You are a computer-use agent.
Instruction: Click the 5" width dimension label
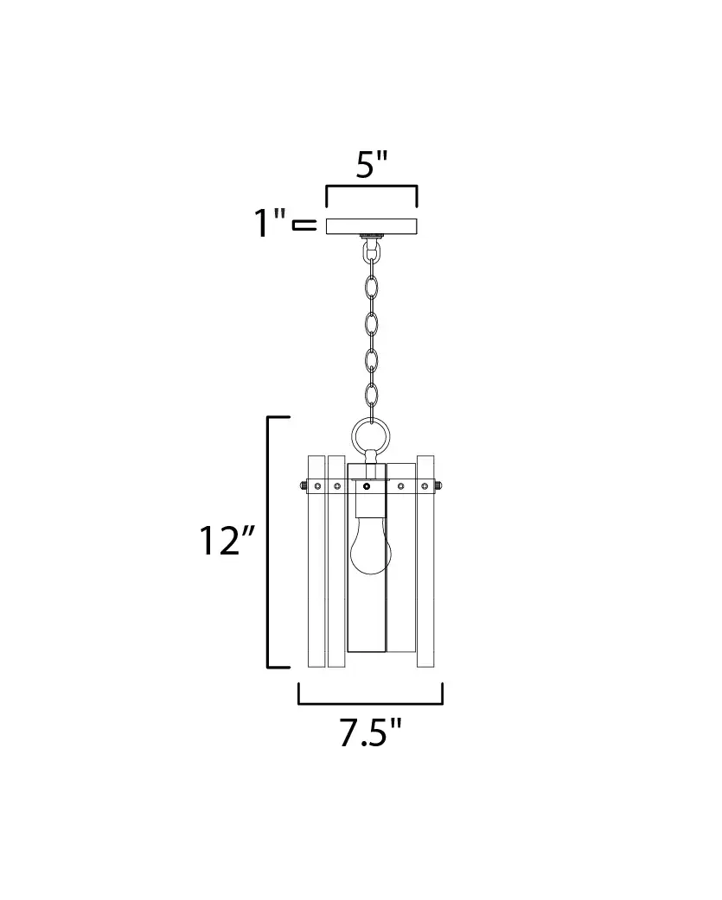pyautogui.click(x=372, y=165)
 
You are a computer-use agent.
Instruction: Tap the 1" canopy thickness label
pyautogui.click(x=270, y=223)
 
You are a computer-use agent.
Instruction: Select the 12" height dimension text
pyautogui.click(x=226, y=540)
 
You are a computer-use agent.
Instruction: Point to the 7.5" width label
pyautogui.click(x=370, y=732)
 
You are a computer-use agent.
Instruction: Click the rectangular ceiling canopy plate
pyautogui.click(x=372, y=226)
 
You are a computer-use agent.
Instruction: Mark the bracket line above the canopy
pyautogui.click(x=372, y=187)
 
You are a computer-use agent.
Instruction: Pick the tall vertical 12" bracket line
pyautogui.click(x=268, y=542)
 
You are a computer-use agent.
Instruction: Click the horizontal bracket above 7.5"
pyautogui.click(x=370, y=702)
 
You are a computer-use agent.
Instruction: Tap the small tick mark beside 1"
pyautogui.click(x=304, y=225)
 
